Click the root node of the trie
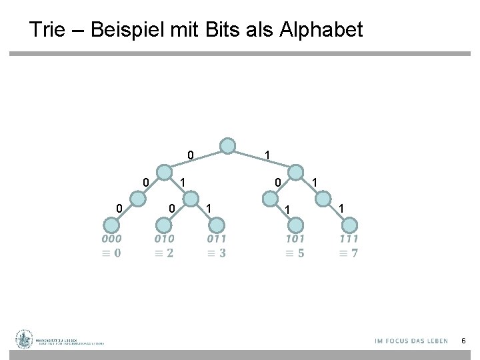[228, 146]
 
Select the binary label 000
[111, 239]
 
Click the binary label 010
[164, 239]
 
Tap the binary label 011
[217, 239]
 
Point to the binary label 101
[295, 239]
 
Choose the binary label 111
[349, 239]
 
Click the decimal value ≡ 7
[349, 253]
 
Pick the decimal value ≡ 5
[295, 253]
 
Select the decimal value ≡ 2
[164, 253]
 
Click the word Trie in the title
[49, 30]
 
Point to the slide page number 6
[464, 341]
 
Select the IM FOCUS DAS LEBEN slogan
[411, 341]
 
